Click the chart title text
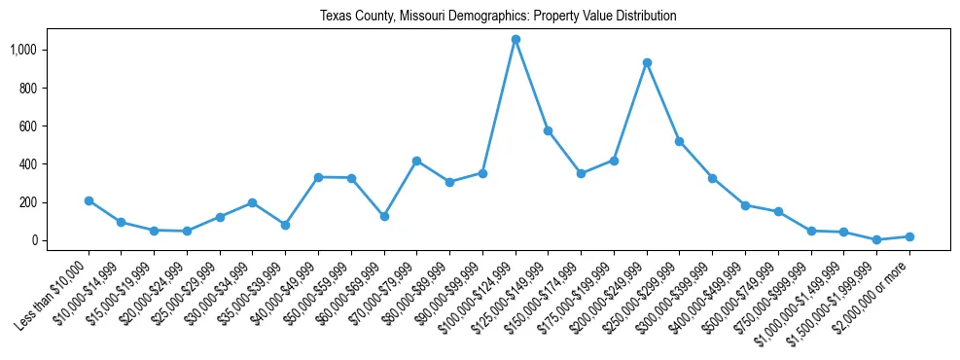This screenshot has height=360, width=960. (x=498, y=17)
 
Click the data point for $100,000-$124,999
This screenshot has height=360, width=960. (x=516, y=39)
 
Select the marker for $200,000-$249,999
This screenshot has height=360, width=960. (x=647, y=62)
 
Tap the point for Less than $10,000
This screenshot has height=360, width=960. (x=89, y=200)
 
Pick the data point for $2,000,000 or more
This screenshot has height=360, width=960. (x=909, y=236)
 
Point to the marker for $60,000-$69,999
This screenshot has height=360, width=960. (x=384, y=216)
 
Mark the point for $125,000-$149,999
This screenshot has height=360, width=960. (x=548, y=130)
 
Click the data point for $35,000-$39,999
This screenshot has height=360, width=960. (x=285, y=225)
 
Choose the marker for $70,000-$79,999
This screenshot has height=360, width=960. (x=416, y=161)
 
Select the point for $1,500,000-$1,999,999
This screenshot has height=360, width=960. (x=876, y=239)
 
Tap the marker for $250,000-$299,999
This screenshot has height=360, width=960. (x=679, y=141)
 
